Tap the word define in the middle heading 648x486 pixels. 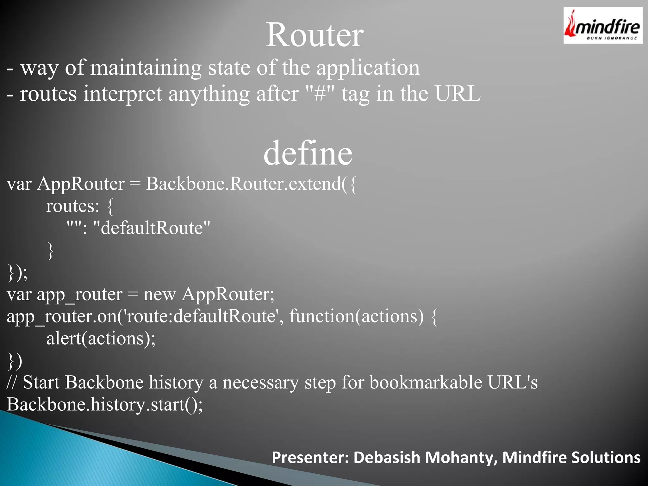(308, 153)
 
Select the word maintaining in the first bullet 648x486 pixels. (146, 68)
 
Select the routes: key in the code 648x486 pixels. (73, 206)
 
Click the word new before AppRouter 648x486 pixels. (159, 294)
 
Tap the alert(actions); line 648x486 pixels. (101, 339)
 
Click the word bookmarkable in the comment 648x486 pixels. (426, 383)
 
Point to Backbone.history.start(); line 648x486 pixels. (105, 405)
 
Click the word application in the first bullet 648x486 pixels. (368, 68)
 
